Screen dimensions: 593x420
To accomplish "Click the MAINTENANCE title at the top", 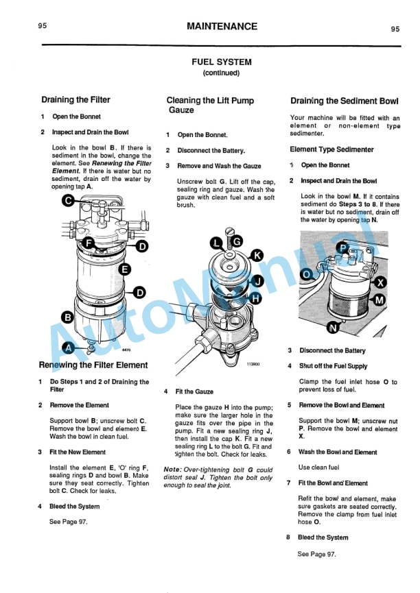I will (x=222, y=27).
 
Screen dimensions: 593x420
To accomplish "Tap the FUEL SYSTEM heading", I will (x=221, y=62).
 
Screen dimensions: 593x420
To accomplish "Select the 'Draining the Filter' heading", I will (x=75, y=100).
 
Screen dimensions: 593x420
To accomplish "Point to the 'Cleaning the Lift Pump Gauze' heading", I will (x=210, y=105).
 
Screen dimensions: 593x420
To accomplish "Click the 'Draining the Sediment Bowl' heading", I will (x=345, y=101).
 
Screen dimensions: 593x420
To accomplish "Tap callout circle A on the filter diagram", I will (x=69, y=347).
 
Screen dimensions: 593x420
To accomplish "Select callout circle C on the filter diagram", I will (x=69, y=200).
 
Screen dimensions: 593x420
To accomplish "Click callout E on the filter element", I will (x=124, y=269).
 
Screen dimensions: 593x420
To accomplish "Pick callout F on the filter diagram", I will (x=88, y=243).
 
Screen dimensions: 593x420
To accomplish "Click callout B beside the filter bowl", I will (x=68, y=317).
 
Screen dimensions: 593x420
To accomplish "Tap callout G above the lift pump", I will (x=235, y=241).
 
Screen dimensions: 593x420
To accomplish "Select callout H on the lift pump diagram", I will (x=255, y=298).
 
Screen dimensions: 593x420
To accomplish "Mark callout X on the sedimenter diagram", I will (x=381, y=282).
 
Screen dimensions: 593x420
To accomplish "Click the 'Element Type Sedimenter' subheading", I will (x=331, y=149).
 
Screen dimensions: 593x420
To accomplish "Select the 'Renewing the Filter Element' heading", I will (x=93, y=365).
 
